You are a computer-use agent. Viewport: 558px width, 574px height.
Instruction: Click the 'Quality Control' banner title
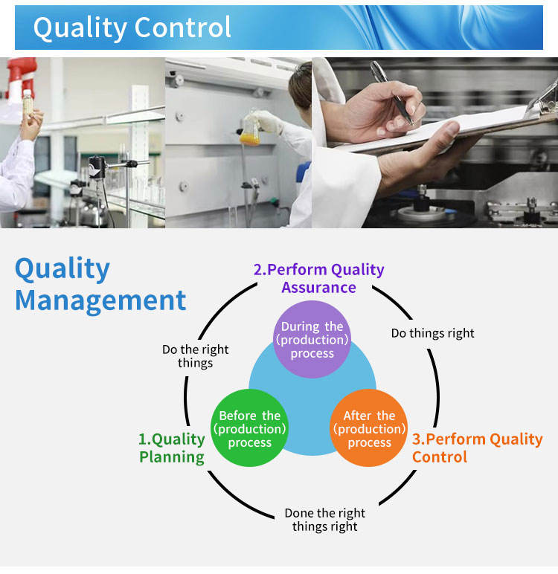click(132, 28)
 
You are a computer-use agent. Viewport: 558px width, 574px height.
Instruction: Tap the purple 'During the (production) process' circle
click(312, 339)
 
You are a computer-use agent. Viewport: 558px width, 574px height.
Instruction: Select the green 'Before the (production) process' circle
click(250, 428)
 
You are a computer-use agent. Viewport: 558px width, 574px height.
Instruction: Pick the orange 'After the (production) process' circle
click(369, 428)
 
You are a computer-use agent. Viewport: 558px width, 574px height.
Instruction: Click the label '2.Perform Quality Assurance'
click(318, 279)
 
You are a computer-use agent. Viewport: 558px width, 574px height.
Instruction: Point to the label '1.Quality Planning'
click(172, 448)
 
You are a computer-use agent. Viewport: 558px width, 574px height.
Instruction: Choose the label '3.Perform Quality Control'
click(478, 448)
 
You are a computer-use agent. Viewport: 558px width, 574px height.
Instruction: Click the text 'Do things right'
click(433, 333)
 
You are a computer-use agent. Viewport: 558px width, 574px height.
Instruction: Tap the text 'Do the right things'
click(195, 356)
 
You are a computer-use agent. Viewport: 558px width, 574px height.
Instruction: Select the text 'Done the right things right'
click(325, 520)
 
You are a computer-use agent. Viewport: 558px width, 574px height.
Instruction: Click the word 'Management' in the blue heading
click(100, 301)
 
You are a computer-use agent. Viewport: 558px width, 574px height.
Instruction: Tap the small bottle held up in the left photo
click(28, 103)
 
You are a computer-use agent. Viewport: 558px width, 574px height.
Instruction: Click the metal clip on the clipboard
click(543, 98)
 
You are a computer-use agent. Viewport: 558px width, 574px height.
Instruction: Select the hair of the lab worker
click(301, 86)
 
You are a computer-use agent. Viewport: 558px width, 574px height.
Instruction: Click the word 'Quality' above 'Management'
click(62, 269)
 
